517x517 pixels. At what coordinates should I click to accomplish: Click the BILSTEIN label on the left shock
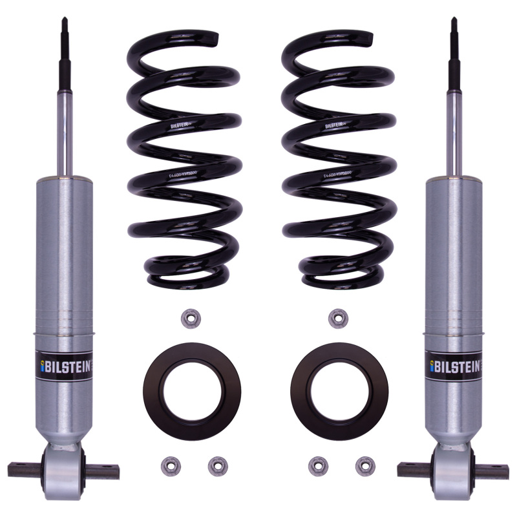(63, 364)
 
